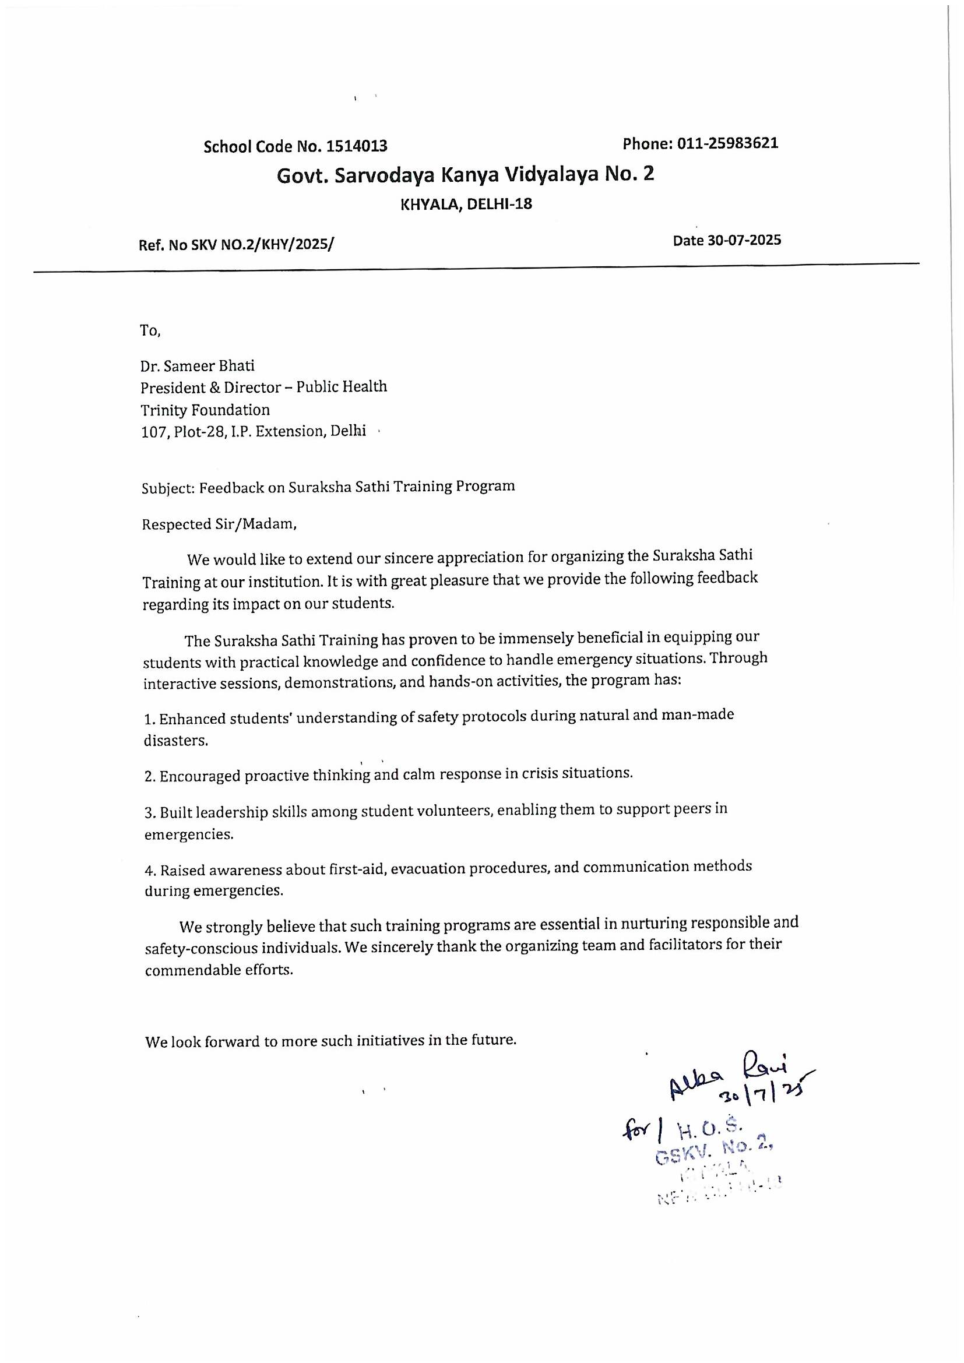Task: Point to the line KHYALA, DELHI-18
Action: point(467,204)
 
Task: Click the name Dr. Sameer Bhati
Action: point(198,365)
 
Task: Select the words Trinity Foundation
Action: point(205,410)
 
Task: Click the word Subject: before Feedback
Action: point(168,488)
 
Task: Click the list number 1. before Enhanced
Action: point(150,720)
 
